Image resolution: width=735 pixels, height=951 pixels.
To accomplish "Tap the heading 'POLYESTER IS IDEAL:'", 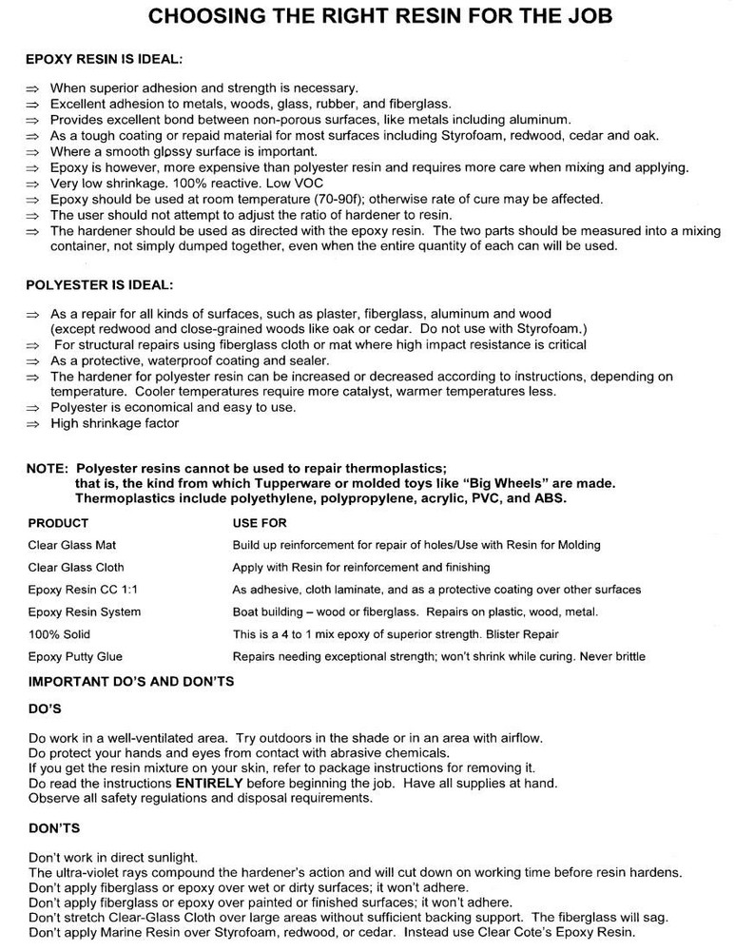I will pos(97,285).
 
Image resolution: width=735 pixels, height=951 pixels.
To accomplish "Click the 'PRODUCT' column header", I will pos(58,523).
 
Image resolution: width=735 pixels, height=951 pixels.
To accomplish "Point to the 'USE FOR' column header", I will pos(260,523).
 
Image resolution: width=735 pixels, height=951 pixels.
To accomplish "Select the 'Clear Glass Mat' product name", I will pos(72,545).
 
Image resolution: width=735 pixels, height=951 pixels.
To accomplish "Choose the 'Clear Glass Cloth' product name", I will pos(77,567).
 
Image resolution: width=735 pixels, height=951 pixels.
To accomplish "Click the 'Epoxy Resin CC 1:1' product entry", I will pos(84,590).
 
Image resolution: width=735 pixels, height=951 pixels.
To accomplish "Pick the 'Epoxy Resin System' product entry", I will pos(85,611).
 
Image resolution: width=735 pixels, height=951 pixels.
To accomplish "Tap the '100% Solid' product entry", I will pos(59,633).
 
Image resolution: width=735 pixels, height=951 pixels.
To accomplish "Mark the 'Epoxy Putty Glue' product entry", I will pos(75,656).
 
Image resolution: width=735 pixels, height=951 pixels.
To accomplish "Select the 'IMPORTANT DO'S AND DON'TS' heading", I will pos(131,681).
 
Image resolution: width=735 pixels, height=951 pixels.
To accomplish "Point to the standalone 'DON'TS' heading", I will pos(54,828).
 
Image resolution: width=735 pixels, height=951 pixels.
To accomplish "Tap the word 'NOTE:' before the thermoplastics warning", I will pos(48,468).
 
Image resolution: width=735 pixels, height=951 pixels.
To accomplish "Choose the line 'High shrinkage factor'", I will pos(114,423).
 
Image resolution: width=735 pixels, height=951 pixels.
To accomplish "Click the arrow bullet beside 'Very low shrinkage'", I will pos(33,184).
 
